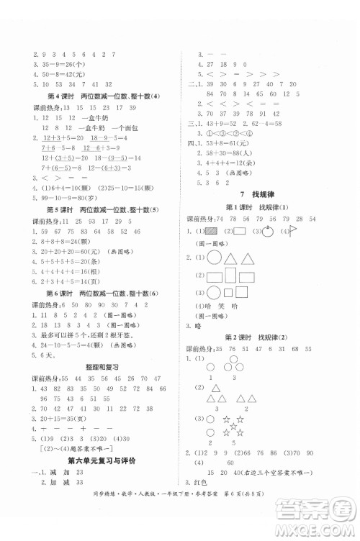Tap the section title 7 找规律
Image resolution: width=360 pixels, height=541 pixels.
point(261,195)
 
